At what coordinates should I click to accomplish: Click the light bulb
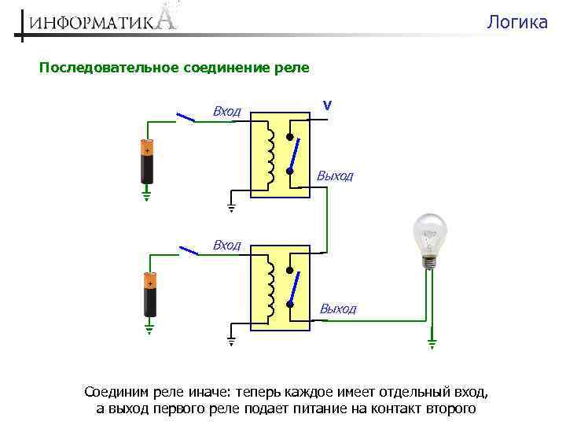point(430,237)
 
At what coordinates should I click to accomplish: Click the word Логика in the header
point(516,22)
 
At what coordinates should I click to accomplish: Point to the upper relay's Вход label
point(226,112)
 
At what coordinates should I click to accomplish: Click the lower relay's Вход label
point(226,246)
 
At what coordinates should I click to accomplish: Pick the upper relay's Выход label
point(335,176)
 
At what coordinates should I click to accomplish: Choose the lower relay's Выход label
point(338,309)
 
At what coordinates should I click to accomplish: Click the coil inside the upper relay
point(269,154)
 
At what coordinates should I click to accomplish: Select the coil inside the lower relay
point(270,288)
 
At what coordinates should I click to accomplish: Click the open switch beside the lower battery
point(189,251)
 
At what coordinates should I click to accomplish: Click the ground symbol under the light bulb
point(430,343)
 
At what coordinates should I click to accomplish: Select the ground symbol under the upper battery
point(146,194)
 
